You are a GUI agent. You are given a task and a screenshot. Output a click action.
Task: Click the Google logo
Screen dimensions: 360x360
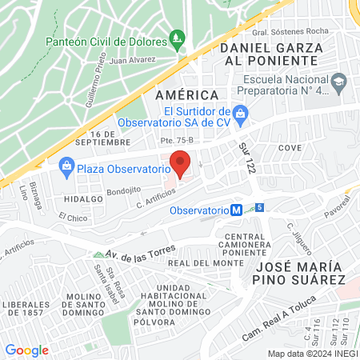coord(26,350)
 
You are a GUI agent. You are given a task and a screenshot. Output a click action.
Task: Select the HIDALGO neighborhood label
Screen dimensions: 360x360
coord(83,198)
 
